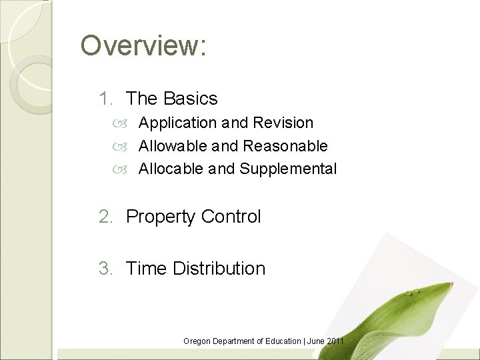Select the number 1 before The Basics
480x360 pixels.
point(104,99)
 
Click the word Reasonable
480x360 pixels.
point(286,146)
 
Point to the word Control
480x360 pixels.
point(232,217)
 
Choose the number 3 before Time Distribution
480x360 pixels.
point(104,269)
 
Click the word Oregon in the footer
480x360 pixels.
point(196,341)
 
